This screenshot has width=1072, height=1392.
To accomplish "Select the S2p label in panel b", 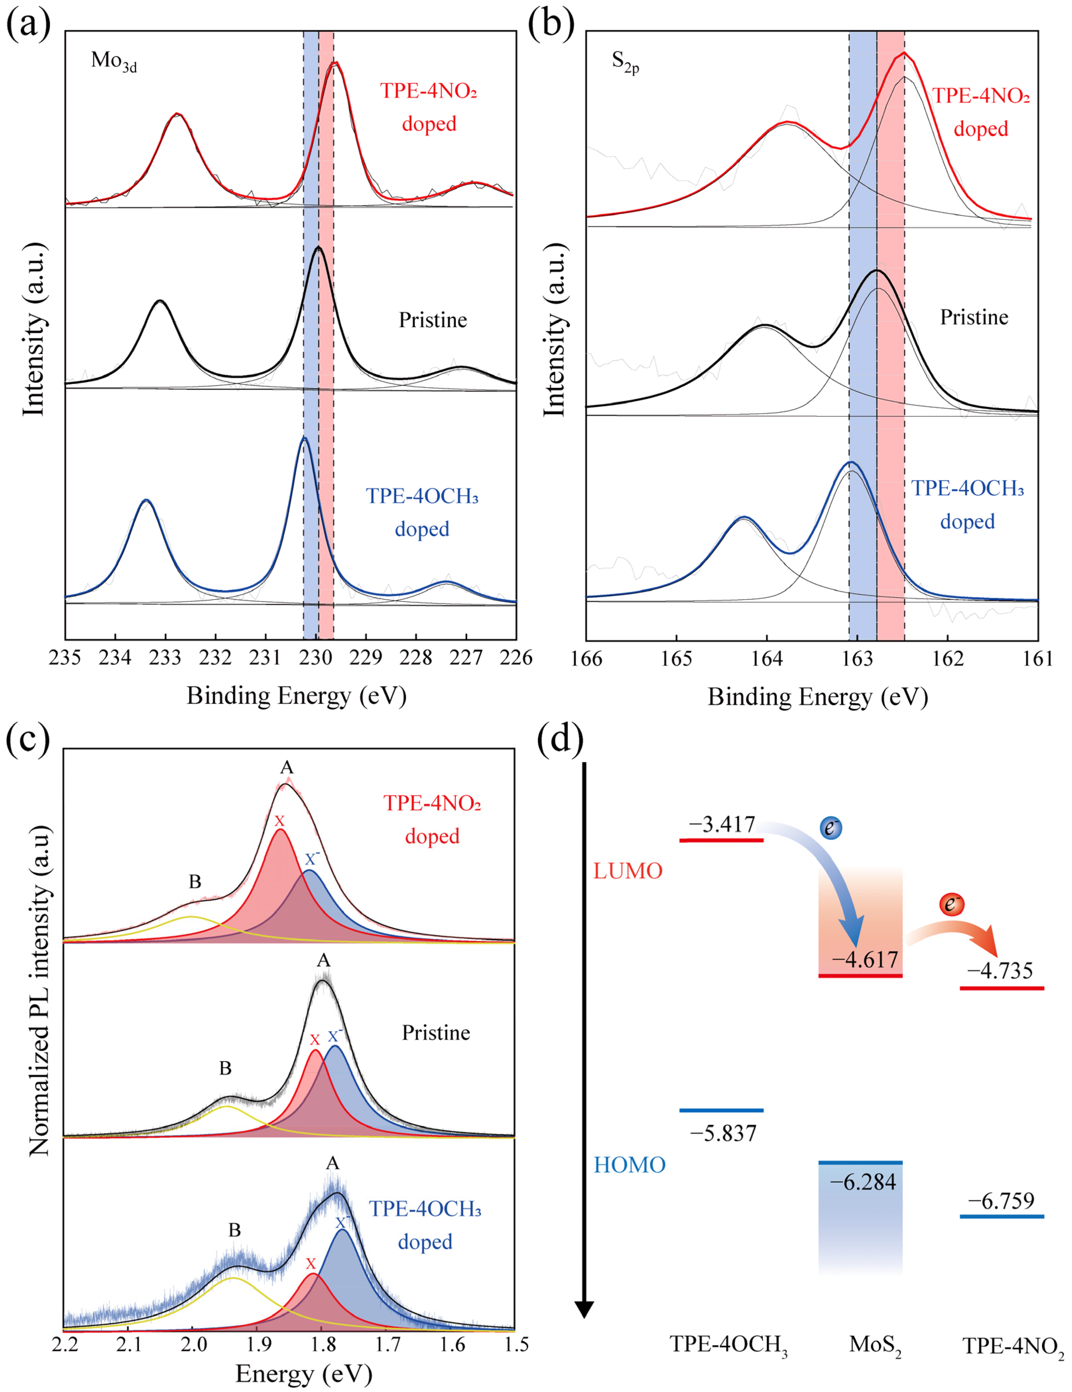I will click(x=625, y=62).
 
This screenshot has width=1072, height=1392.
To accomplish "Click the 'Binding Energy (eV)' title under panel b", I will click(x=818, y=696).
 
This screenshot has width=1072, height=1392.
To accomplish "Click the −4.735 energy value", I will click(x=999, y=971).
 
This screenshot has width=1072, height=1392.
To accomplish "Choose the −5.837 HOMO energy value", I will click(x=723, y=1132).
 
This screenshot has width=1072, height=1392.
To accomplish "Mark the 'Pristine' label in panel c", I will click(x=436, y=1032).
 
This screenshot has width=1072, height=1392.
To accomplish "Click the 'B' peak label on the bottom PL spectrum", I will click(x=235, y=1230).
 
